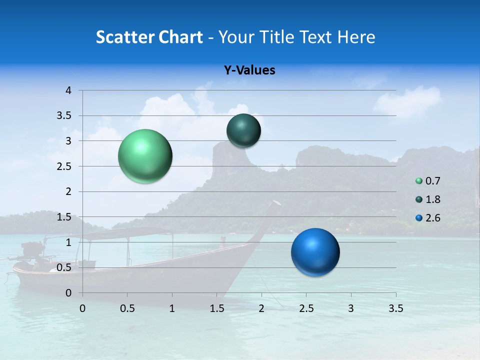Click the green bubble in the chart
[x=145, y=156]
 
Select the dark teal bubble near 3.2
[x=243, y=130]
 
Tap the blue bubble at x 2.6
[x=315, y=252]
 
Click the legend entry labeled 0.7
[x=432, y=181]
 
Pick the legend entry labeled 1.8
[x=432, y=199]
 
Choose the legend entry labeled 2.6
[x=432, y=218]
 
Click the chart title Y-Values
[x=249, y=70]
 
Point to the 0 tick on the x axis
[x=82, y=308]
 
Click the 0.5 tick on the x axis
[x=127, y=308]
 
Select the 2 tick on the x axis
[x=261, y=308]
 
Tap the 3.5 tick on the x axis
[x=395, y=308]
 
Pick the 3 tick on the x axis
[x=351, y=308]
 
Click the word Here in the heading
[x=356, y=37]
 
